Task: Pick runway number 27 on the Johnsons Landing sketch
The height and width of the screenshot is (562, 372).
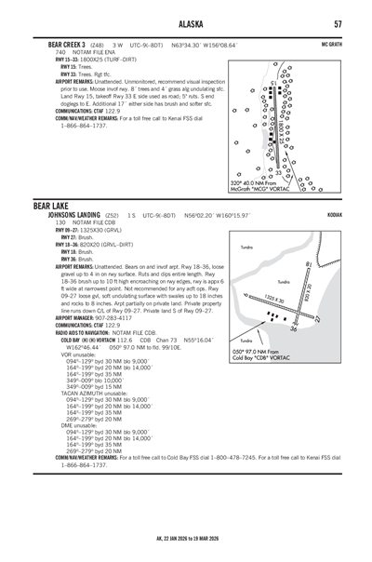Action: [318, 318]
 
